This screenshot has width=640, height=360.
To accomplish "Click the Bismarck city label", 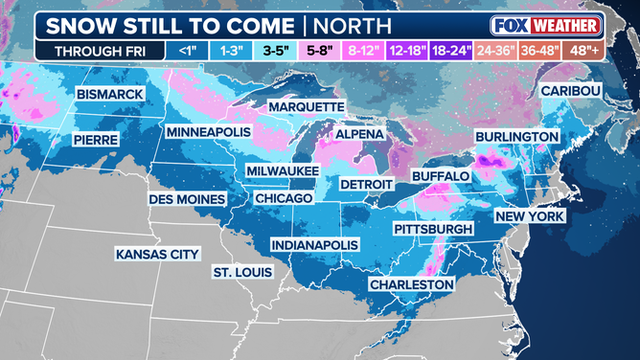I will pyautogui.click(x=112, y=94).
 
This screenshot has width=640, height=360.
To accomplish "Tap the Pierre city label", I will pyautogui.click(x=96, y=140).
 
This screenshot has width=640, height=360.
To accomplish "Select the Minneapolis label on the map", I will pyautogui.click(x=208, y=131).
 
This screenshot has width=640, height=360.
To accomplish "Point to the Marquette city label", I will pyautogui.click(x=306, y=105).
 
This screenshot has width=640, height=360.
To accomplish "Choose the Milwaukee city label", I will pyautogui.click(x=283, y=169).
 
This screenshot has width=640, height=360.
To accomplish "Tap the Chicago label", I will pyautogui.click(x=284, y=197).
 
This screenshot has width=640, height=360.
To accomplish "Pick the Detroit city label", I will pyautogui.click(x=367, y=183).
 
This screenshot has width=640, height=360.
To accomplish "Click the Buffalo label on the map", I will pyautogui.click(x=440, y=177).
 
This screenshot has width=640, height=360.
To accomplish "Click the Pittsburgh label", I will pyautogui.click(x=433, y=230).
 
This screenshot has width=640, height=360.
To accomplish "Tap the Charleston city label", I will pyautogui.click(x=411, y=284).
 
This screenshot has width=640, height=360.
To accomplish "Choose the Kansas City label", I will pyautogui.click(x=156, y=255).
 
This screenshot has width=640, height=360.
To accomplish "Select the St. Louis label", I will pyautogui.click(x=241, y=273).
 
